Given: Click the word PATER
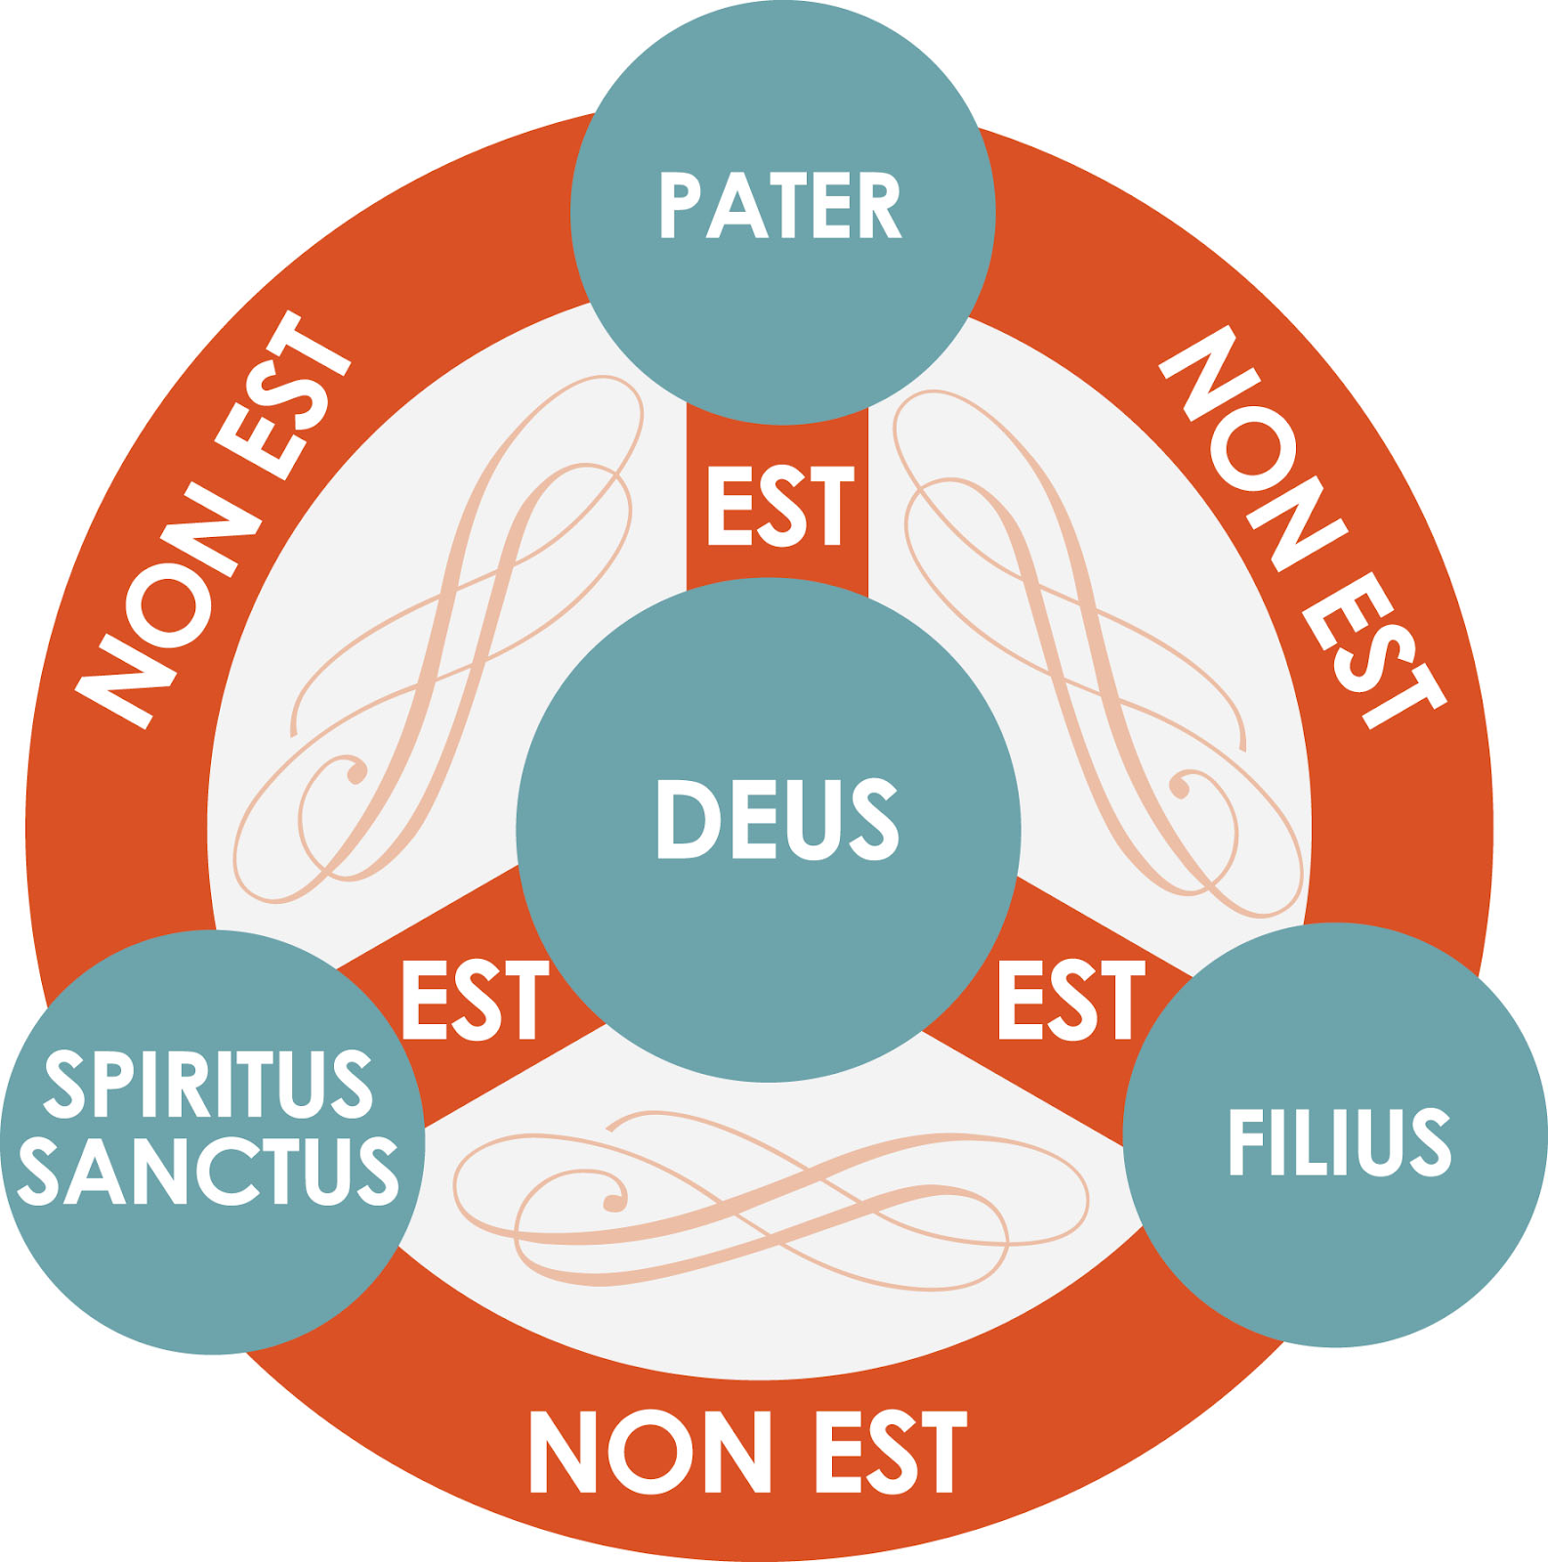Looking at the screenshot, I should click(x=779, y=205).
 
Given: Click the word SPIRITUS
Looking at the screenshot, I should click(x=208, y=1083).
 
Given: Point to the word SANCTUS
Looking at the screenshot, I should click(x=208, y=1170).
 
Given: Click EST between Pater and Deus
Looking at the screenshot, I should click(x=779, y=505).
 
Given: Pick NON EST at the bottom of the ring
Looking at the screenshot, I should click(x=747, y=1452).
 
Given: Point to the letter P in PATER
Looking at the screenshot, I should click(x=680, y=205).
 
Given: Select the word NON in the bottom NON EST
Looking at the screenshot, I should click(x=649, y=1452).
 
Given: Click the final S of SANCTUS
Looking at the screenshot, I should click(x=378, y=1170).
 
